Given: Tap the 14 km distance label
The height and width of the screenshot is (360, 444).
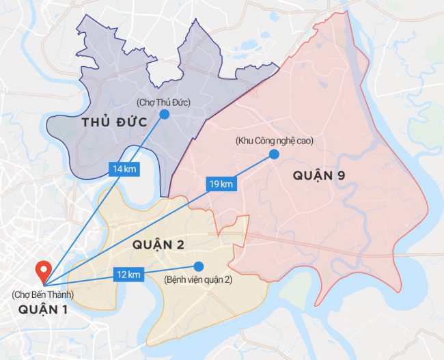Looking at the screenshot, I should point(124,169).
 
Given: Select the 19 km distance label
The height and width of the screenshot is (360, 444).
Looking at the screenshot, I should point(221,184).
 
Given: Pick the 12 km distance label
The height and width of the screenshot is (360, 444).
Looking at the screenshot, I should point(128,275).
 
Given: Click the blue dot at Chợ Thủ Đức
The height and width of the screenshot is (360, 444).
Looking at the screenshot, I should point(165,115).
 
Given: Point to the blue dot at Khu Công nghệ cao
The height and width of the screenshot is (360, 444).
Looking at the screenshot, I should point(274,154).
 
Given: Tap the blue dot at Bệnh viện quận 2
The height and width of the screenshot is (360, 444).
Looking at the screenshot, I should point(199,266).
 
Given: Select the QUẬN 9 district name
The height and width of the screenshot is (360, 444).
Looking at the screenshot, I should point(319,176).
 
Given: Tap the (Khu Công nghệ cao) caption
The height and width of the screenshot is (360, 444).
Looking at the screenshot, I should point(273,141).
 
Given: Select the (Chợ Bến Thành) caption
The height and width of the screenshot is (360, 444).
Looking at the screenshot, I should point(42,295).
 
